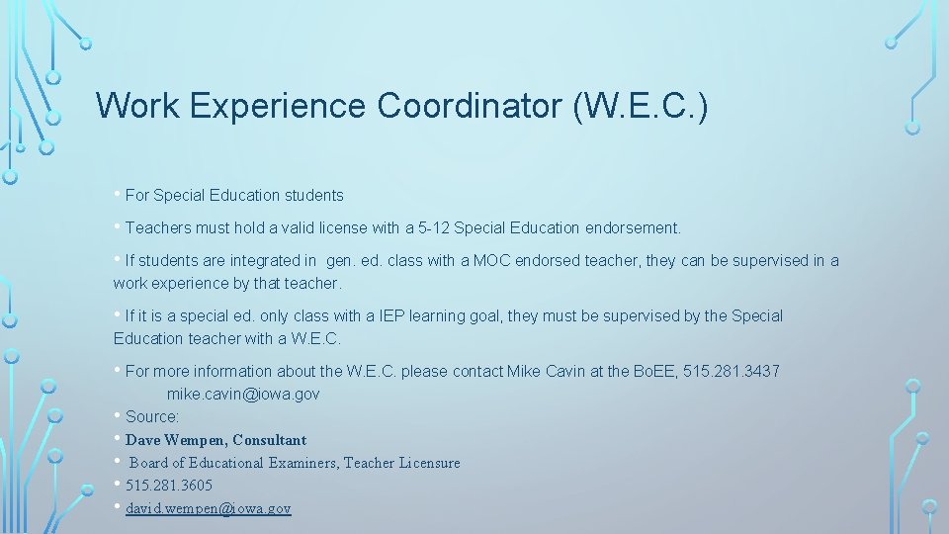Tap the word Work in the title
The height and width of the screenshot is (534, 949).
(137, 106)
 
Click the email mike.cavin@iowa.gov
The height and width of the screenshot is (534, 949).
(243, 394)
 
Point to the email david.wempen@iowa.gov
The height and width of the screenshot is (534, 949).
(209, 508)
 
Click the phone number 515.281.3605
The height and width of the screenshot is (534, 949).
(169, 485)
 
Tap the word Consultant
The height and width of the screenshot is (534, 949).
(269, 439)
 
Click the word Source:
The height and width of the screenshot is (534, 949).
(152, 416)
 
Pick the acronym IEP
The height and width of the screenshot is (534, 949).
(394, 315)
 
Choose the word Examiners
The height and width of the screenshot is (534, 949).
(303, 462)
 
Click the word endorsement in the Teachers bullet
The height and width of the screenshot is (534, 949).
(634, 227)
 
